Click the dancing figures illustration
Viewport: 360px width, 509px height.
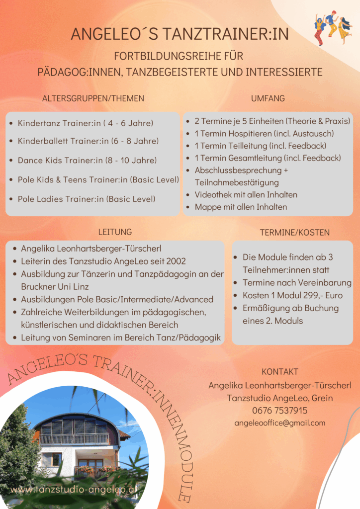point(332,29)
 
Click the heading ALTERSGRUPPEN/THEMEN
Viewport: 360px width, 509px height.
point(93,98)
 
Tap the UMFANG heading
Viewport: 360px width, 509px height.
point(268,98)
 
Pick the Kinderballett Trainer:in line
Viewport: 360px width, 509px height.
point(88,141)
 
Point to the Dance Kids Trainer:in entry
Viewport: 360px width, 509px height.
point(87,160)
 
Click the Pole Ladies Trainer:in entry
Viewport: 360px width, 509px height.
point(87,199)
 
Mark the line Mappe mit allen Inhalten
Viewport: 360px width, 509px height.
point(241,207)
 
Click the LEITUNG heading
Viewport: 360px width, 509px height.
point(115,232)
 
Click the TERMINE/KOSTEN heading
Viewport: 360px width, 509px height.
point(295,232)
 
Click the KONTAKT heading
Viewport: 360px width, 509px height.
point(280,372)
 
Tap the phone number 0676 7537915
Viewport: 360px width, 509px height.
point(279,411)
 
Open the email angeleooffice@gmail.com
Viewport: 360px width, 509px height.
point(280,423)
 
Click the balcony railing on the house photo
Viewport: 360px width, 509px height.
point(75,439)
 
